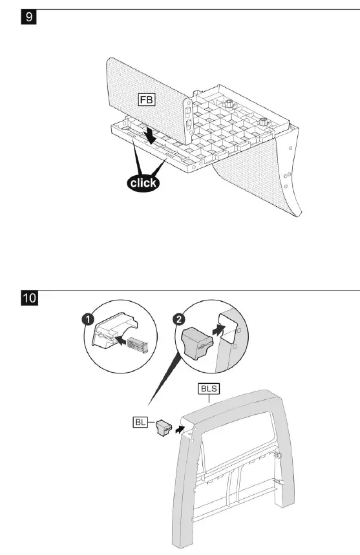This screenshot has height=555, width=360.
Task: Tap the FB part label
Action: tap(145, 100)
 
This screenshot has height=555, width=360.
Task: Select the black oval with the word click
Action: tap(143, 182)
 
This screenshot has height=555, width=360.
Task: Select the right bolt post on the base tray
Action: tap(264, 121)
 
